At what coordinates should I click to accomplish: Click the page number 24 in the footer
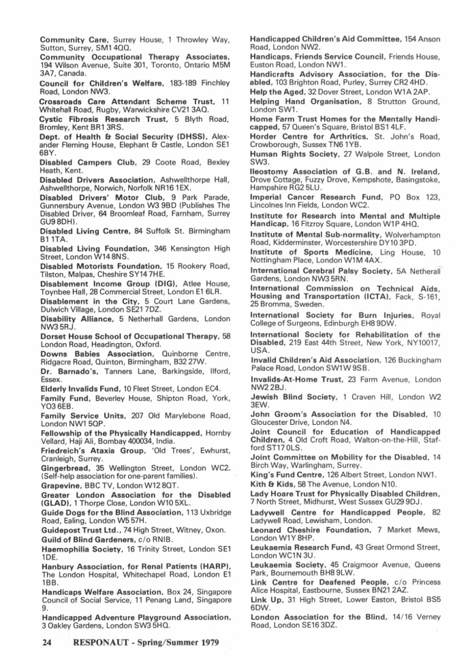46,641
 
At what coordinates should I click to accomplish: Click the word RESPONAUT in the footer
102,641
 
